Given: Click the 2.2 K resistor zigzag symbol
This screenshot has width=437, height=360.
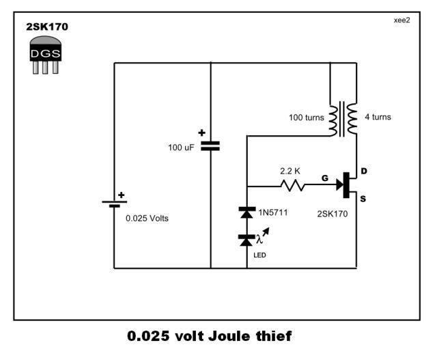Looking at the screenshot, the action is [292, 185].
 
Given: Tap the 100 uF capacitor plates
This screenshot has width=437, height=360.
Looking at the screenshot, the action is [210, 146].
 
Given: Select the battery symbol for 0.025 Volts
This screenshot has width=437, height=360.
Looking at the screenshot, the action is [115, 204].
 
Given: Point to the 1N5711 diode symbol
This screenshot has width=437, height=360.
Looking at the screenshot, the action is [247, 212].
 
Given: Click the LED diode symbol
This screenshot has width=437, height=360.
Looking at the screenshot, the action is [246, 240].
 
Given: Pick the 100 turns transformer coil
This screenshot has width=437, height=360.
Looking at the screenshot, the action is [333, 121].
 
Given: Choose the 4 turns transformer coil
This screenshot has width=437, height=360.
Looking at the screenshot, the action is [352, 118].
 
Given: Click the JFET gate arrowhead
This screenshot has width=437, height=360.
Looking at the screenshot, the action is [340, 184].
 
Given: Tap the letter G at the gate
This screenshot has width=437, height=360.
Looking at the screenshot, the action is [325, 178].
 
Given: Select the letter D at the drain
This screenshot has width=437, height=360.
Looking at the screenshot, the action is [364, 171].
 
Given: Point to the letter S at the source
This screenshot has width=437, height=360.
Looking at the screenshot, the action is [363, 199].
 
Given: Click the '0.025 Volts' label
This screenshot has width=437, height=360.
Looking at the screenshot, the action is [147, 218].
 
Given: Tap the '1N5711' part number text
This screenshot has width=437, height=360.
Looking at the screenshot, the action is [273, 212].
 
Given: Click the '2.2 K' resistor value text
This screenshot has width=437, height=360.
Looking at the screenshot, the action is [290, 171].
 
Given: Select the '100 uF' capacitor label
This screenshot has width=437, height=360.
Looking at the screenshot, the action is [181, 148].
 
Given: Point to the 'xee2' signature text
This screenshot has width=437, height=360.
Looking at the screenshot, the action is [402, 20].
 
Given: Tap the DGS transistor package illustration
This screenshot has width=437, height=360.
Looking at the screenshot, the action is [46, 55].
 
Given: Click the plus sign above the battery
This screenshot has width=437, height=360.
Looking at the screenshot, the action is [122, 195].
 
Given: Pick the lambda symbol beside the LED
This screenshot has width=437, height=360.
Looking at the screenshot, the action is [259, 239].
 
